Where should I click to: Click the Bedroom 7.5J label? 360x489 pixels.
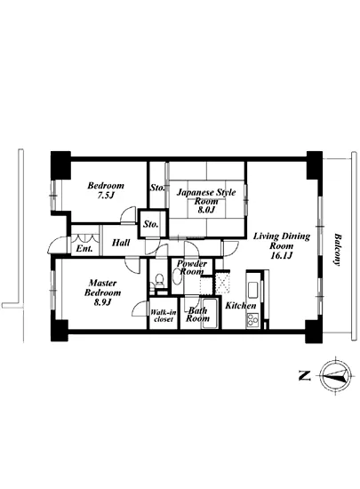[x=106, y=190]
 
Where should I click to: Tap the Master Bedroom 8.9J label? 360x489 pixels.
[x=102, y=293]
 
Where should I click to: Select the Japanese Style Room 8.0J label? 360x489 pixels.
[x=206, y=201]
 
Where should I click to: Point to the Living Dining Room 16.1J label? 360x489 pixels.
[x=281, y=245]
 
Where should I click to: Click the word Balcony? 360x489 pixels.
[x=337, y=250]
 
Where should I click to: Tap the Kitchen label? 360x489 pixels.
[x=241, y=306]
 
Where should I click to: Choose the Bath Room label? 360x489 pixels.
[x=197, y=315]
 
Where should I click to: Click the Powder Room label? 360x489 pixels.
[x=192, y=268]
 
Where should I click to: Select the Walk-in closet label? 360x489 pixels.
[x=164, y=316]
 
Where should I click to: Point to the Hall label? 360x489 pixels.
[x=121, y=243]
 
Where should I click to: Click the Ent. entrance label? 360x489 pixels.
[x=84, y=249]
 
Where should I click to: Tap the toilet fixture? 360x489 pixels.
[x=159, y=280]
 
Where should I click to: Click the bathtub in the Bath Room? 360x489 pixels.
[x=211, y=314]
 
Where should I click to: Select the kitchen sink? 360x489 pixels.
[x=252, y=290]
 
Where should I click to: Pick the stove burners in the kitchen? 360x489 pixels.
[x=252, y=320]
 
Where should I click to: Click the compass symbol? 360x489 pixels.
[x=336, y=376]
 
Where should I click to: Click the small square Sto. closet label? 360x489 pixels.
[x=151, y=224]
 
